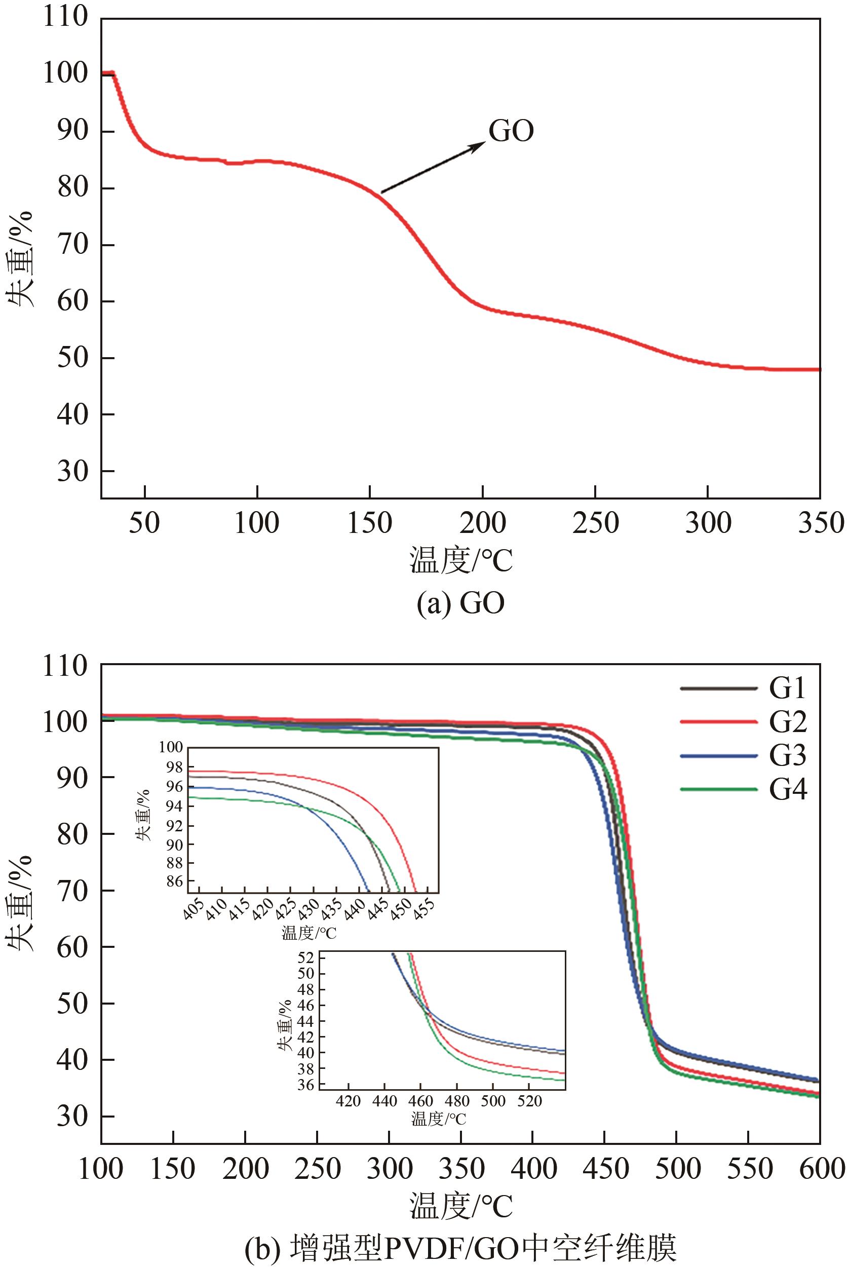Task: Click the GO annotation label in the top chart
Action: click(511, 131)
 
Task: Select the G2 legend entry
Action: click(788, 722)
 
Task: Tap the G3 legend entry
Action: click(788, 755)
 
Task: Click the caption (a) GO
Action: click(460, 603)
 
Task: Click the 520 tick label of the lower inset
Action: click(529, 1102)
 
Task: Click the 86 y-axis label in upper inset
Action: click(173, 882)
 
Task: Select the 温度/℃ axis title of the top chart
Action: click(461, 561)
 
